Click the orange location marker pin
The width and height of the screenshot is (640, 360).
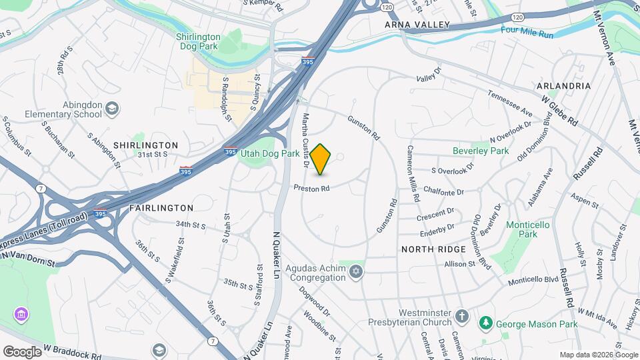tap(321, 159)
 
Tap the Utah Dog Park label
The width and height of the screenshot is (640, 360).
tap(270, 153)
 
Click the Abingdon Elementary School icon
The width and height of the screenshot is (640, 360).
tap(111, 108)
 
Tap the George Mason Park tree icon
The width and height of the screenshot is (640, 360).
tap(486, 323)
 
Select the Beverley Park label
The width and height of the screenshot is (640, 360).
tap(480, 151)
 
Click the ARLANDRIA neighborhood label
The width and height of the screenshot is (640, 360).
tap(563, 86)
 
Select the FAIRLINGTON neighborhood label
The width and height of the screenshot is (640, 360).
tap(161, 208)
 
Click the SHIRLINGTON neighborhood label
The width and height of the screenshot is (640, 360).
tap(145, 145)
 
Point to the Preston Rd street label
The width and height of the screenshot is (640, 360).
tap(312, 189)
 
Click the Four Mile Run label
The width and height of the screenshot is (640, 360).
tap(527, 31)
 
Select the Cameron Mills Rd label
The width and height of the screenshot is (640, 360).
tap(413, 174)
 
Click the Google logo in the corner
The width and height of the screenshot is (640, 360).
tap(22, 351)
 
